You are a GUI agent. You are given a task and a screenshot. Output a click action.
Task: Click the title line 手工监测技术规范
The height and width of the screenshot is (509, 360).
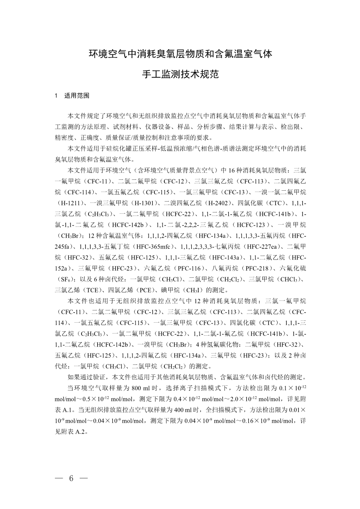point(180,74)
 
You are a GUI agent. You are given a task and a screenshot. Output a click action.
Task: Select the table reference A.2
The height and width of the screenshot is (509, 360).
point(82,432)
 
